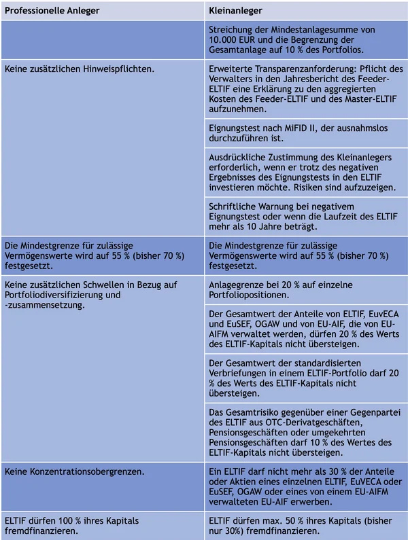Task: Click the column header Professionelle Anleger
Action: tap(52, 11)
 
